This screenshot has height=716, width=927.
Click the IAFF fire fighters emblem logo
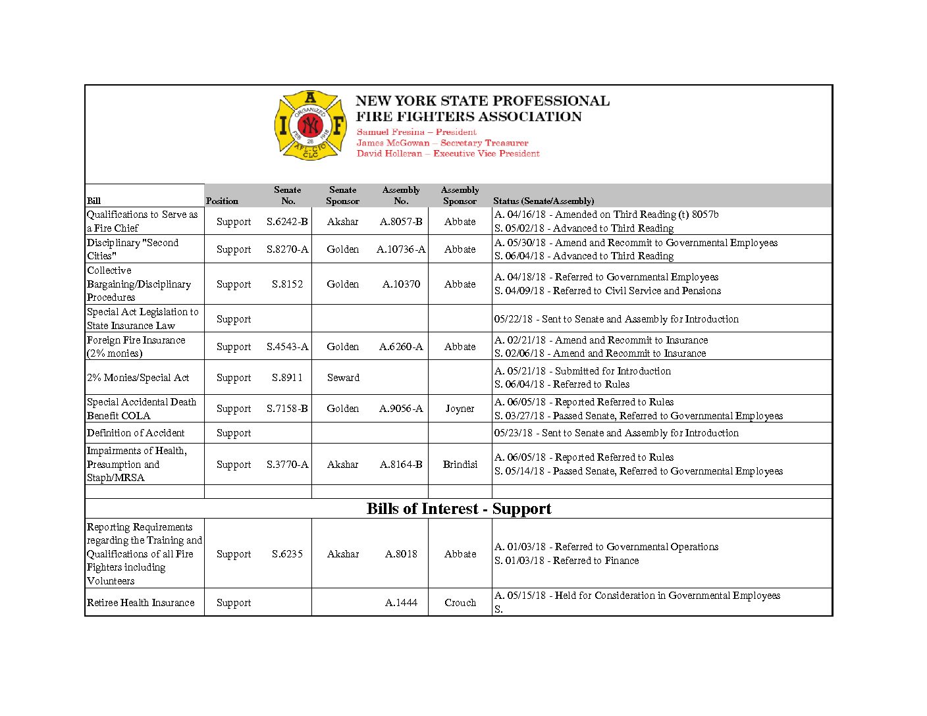click(310, 126)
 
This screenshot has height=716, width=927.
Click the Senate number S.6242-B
click(287, 222)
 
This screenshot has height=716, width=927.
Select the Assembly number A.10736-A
click(401, 249)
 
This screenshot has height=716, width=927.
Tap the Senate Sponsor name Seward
click(343, 378)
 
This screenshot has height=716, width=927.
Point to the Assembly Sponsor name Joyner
click(460, 409)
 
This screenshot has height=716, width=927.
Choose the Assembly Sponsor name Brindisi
click(460, 465)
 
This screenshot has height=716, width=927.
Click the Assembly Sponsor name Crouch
click(460, 603)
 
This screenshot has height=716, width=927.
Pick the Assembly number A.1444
click(401, 603)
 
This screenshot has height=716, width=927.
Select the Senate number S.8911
click(287, 378)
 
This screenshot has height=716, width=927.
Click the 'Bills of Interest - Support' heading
click(459, 509)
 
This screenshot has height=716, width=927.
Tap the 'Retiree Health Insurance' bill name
click(141, 603)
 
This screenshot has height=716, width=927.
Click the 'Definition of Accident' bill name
click(136, 433)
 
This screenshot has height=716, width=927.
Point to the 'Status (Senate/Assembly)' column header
click(543, 201)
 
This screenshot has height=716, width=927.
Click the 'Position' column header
click(222, 201)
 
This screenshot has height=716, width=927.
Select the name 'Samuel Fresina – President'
click(416, 132)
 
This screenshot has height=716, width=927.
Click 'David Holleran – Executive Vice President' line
click(448, 153)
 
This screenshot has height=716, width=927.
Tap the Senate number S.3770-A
click(287, 465)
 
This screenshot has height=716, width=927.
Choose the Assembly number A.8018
click(401, 554)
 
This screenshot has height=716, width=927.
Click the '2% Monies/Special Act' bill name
click(138, 378)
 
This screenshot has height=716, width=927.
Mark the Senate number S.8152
click(287, 284)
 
